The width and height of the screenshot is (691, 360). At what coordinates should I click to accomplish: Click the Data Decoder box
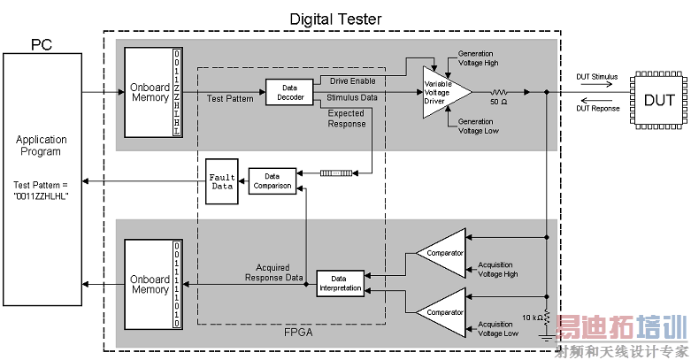coord(289,93)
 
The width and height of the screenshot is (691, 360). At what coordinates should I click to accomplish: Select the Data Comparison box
coord(271,180)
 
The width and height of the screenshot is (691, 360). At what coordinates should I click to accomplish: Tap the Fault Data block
coord(221,181)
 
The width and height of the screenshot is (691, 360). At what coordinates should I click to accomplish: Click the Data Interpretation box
coord(340,282)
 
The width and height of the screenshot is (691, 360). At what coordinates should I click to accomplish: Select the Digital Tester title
coord(337,19)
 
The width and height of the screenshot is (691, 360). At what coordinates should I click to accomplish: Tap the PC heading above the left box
coord(42,43)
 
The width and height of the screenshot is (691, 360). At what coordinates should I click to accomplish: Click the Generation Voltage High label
coord(479,58)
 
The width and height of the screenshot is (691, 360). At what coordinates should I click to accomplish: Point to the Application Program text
coord(42,145)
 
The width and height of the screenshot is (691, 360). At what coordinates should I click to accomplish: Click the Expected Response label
coord(346,119)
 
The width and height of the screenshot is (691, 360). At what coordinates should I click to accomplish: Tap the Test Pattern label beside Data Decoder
coord(230,98)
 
